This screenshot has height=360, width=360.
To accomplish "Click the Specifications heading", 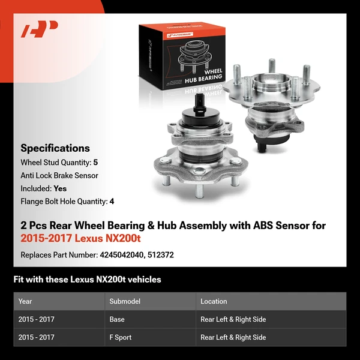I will (55, 148).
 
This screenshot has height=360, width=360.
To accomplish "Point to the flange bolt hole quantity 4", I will (112, 202).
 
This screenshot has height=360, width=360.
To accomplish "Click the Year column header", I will (25, 301).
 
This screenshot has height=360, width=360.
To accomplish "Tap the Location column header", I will (214, 301).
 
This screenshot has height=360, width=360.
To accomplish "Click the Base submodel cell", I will (116, 319).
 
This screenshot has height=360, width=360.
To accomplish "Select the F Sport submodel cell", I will (121, 337).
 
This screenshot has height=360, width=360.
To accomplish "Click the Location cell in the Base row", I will (233, 319).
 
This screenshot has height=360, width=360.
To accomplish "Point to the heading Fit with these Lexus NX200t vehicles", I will (87, 280).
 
